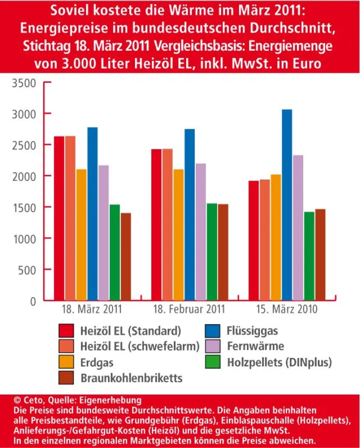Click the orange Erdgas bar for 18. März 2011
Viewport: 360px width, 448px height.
[x=81, y=234]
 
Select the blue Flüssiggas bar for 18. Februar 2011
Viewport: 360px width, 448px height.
[x=190, y=215]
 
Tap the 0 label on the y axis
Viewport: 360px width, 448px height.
[x=33, y=301]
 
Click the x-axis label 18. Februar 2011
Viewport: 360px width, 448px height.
[x=190, y=310]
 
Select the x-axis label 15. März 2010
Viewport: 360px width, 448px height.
[x=287, y=310]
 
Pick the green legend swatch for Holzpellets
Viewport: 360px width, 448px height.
[x=213, y=362]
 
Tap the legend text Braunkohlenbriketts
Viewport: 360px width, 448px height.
[x=131, y=378]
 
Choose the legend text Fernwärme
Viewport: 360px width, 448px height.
[x=255, y=346]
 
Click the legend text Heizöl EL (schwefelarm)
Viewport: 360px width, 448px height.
[x=140, y=346]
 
